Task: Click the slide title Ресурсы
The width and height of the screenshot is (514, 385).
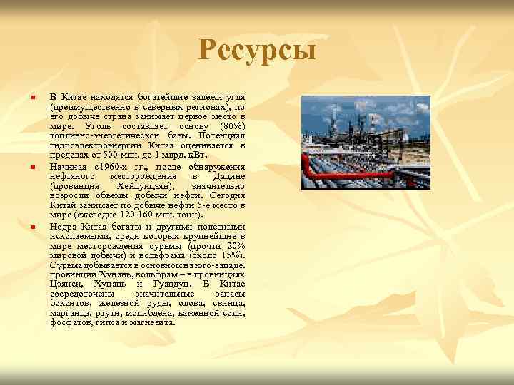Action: [257, 51]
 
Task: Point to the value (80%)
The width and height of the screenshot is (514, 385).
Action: [233, 125]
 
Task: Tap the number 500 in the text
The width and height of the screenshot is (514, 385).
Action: [110, 155]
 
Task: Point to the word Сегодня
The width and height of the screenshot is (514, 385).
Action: [228, 195]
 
